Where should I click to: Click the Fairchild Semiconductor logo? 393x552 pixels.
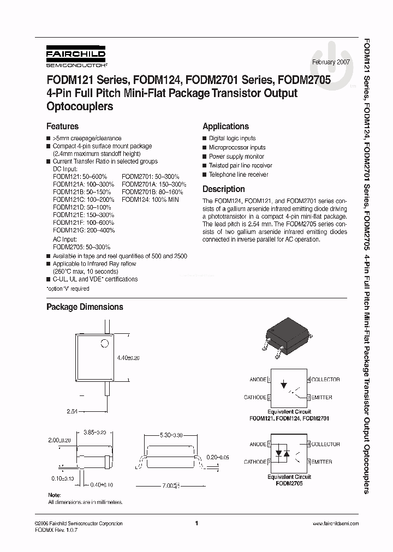click(x=75, y=57)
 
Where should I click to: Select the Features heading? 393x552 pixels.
click(x=62, y=126)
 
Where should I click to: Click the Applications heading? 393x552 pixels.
click(x=225, y=126)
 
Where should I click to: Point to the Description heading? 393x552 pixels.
click(x=223, y=189)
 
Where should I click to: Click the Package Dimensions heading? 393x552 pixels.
click(x=85, y=307)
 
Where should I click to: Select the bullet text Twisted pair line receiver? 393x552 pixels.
click(x=240, y=165)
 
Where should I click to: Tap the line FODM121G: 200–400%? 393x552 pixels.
click(x=84, y=231)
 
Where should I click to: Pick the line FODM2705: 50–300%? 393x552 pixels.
click(x=81, y=247)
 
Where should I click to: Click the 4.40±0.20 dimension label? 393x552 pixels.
click(x=129, y=358)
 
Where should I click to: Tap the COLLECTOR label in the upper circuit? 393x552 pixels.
click(x=325, y=380)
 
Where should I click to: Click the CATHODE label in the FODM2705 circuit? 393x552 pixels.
click(x=254, y=462)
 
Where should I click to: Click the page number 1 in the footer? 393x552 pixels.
click(x=196, y=524)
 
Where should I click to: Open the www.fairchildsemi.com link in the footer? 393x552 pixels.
click(x=336, y=524)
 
